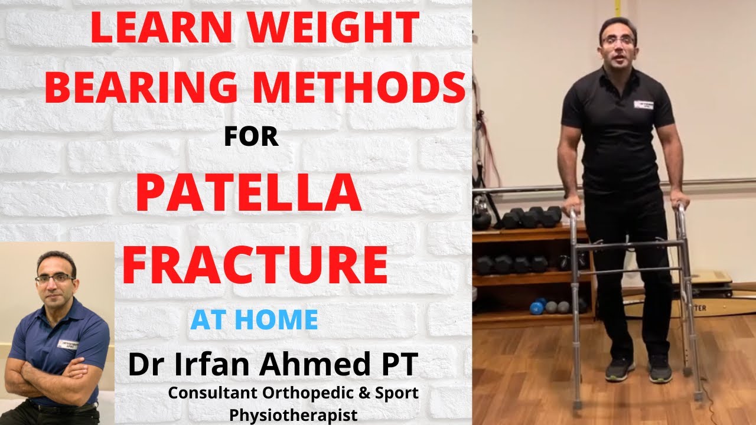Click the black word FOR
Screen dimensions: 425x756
[x=251, y=137]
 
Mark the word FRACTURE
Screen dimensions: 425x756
[x=255, y=266]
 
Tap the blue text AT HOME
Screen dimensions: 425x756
[x=254, y=320]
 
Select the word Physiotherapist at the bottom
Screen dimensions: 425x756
[x=294, y=415]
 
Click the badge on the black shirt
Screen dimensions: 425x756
[x=646, y=104]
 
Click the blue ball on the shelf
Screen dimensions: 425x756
[x=537, y=307]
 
